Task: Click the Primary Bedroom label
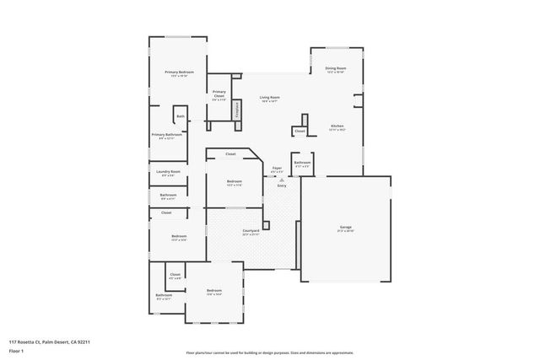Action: coord(180,73)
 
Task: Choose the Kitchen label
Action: coord(336,126)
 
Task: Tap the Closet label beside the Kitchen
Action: coord(300,131)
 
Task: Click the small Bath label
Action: coord(181,116)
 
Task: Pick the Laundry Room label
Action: coord(168,172)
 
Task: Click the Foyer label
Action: coord(277,169)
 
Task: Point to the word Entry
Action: coord(282,185)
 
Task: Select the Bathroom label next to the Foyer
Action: coord(302,163)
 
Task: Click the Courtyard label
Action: coord(250,231)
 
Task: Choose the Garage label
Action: coord(346,228)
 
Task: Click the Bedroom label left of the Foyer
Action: coord(234,182)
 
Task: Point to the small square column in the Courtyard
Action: coord(266,225)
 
